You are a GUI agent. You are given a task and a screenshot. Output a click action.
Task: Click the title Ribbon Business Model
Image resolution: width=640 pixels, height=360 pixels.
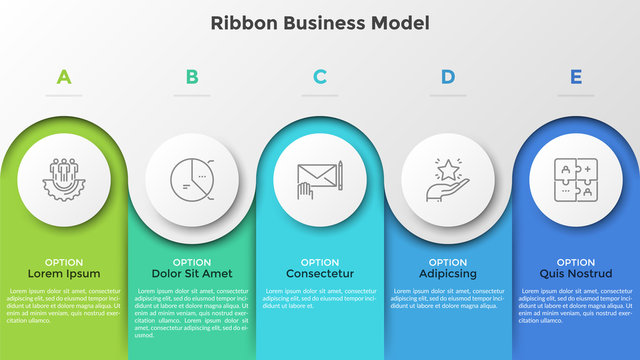[x=320, y=23]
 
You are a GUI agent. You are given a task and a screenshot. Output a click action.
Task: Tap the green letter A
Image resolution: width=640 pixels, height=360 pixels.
[x=64, y=76]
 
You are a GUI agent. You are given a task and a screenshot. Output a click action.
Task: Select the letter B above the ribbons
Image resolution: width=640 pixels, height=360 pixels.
[x=192, y=76]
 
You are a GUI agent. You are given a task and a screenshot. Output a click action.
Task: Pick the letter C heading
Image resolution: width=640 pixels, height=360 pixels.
[x=320, y=76]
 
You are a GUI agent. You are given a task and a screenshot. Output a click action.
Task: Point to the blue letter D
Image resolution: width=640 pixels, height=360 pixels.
[x=448, y=76]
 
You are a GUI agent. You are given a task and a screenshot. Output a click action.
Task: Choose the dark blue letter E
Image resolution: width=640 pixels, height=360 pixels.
[x=576, y=76]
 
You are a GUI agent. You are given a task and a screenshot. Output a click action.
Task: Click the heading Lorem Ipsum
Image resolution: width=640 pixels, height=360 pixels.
[x=64, y=273]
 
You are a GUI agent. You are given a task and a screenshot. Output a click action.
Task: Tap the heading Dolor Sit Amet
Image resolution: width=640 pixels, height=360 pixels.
[x=192, y=273]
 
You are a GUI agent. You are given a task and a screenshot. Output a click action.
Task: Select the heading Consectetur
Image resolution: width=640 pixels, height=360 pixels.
[x=320, y=273]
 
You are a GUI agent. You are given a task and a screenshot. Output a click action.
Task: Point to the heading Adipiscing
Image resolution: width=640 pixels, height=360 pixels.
[x=448, y=273]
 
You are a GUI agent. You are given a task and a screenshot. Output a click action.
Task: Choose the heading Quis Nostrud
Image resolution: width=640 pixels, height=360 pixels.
[x=576, y=273]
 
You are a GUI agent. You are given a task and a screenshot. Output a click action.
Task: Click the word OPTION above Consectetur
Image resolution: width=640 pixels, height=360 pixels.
[x=320, y=262]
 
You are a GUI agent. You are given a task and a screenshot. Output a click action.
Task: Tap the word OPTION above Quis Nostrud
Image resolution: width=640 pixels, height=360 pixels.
[x=576, y=262]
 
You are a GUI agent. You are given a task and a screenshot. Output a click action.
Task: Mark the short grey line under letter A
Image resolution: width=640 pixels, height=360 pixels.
[x=64, y=96]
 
